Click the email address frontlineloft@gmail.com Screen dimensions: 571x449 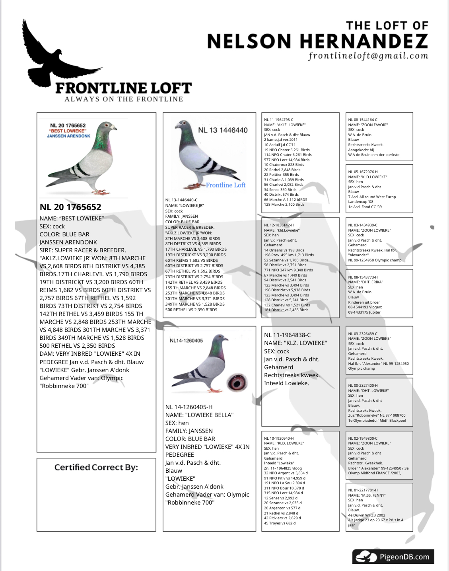tap(368, 56)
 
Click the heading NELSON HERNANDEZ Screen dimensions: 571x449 tap(317, 41)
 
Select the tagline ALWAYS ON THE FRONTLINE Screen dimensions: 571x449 tap(124, 99)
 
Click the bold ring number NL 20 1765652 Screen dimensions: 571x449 tap(70, 207)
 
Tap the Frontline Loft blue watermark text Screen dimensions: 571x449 tap(225, 185)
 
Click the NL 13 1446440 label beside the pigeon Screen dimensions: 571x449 tap(223, 130)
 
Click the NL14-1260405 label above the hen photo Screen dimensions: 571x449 tap(186, 341)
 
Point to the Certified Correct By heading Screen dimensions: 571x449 tap(96, 467)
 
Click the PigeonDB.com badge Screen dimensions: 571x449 tap(393, 556)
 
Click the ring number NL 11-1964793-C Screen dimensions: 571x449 tap(279, 120)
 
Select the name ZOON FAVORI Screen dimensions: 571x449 tap(374, 125)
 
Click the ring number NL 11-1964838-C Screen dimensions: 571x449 tap(288, 335)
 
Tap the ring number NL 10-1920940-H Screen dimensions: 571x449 tap(279, 438)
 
